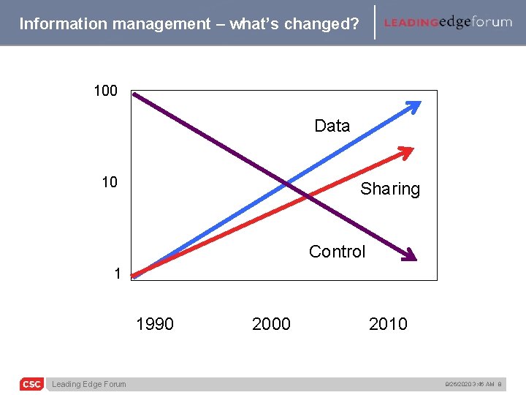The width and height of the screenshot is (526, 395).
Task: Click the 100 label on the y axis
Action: [105, 91]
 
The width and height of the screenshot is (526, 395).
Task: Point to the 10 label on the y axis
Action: [109, 182]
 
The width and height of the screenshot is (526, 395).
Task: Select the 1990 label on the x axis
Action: [155, 324]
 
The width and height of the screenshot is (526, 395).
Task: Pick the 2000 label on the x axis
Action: [271, 324]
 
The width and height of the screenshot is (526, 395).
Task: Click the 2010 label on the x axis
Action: [388, 324]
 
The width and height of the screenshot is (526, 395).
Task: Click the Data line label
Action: [332, 126]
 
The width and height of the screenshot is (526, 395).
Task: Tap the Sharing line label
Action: [390, 189]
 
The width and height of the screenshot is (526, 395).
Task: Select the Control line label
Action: [337, 252]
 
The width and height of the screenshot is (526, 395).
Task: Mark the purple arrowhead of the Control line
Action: [410, 255]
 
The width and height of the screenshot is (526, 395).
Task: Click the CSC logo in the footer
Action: [31, 384]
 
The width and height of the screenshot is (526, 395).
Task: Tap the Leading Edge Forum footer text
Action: [88, 385]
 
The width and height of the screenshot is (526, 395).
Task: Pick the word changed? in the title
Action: [325, 23]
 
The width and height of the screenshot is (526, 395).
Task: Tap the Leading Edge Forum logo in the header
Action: [448, 22]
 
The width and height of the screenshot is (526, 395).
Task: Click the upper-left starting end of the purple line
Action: [135, 94]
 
